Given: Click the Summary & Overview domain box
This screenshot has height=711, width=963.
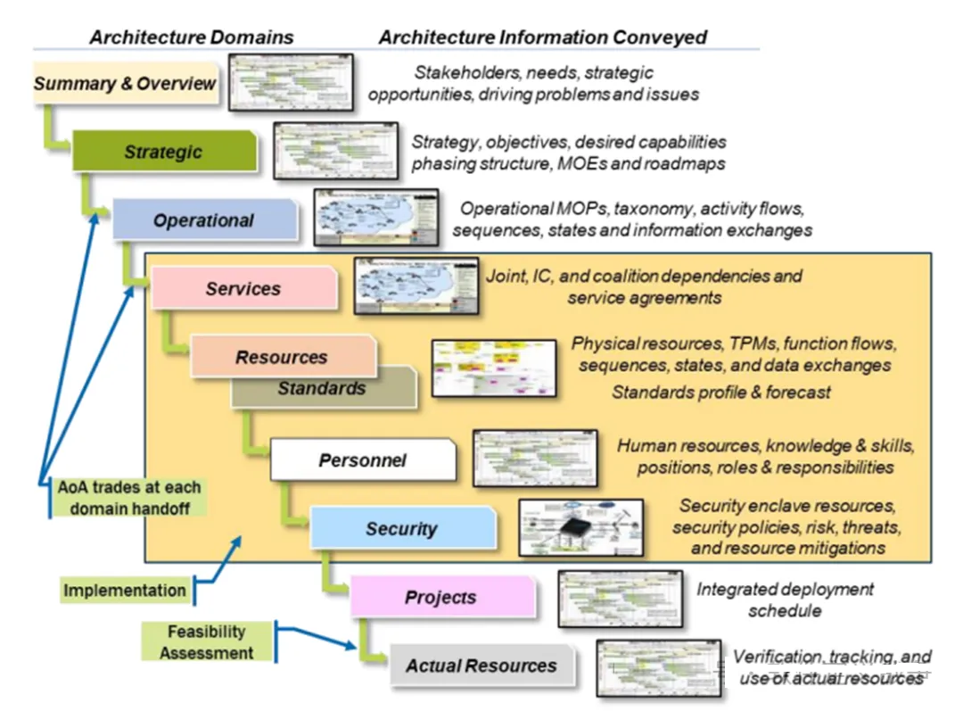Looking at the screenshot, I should [126, 84].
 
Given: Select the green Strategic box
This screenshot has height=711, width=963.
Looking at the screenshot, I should [164, 152].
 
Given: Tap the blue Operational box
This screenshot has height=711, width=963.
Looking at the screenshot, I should [204, 220].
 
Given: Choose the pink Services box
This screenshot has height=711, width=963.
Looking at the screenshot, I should [243, 288].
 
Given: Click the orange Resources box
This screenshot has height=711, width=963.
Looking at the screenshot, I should [282, 356].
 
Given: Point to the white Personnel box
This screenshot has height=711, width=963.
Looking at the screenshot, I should [362, 460].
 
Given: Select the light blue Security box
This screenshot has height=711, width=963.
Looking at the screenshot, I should [401, 528].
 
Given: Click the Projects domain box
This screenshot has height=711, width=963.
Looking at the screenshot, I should [441, 597].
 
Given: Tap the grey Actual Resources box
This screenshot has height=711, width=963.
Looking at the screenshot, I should [481, 666].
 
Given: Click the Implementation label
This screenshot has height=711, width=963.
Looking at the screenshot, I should [125, 590].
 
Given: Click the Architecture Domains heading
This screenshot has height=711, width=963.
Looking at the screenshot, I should [192, 37].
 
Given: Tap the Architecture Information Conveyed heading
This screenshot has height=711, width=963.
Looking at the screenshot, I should [543, 37].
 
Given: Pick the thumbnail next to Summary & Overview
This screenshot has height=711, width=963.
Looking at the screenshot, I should [291, 82].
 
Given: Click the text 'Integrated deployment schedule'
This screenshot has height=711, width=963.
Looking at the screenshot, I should [785, 599].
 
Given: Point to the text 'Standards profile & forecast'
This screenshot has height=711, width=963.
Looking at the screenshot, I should [721, 392].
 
